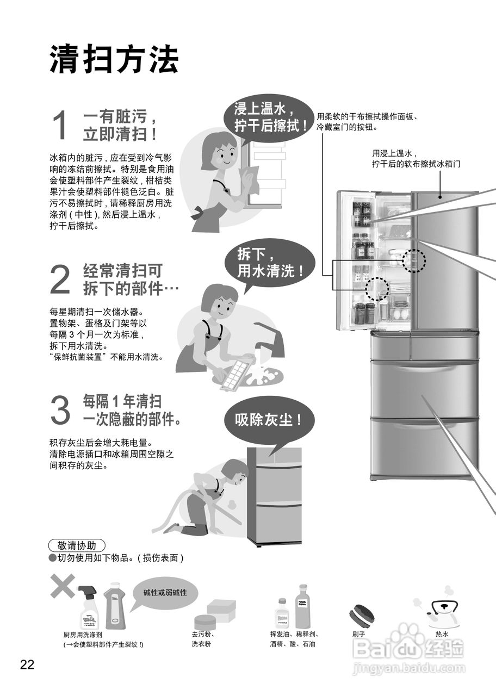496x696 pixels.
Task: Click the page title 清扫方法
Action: click(x=114, y=59)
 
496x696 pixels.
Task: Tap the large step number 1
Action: click(x=61, y=125)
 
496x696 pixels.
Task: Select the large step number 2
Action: click(x=60, y=279)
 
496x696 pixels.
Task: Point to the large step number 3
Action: click(x=60, y=411)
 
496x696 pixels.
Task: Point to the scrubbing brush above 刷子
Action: click(x=361, y=616)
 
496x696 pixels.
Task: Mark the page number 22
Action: click(x=27, y=664)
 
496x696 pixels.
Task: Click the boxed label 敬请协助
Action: click(x=77, y=545)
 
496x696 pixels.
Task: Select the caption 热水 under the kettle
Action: click(x=442, y=634)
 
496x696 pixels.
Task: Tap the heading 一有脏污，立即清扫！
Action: click(x=121, y=125)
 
